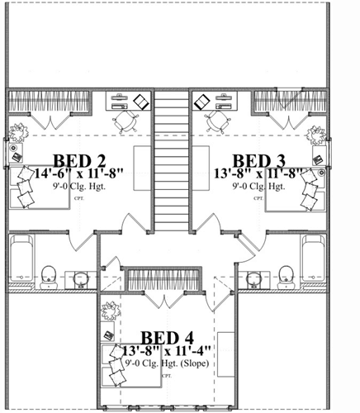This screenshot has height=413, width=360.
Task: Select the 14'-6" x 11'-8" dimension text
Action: coord(80,174)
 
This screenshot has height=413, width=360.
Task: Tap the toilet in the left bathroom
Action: coord(50,274)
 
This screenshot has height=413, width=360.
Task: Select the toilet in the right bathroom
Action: coord(286,274)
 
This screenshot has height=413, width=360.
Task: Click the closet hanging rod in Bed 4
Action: coord(168,278)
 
